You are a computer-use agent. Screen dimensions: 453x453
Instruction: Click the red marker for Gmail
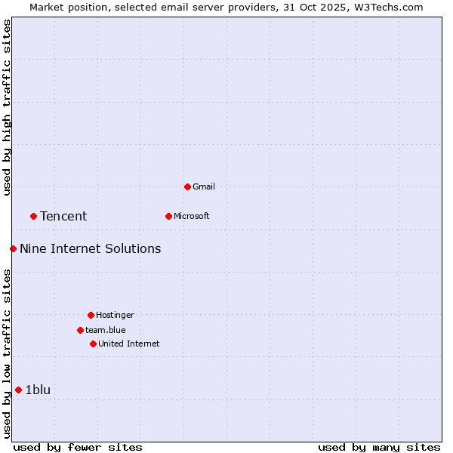(187, 186)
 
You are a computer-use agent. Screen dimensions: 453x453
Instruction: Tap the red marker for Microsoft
(168, 216)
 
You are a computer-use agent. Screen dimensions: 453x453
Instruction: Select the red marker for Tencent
(33, 216)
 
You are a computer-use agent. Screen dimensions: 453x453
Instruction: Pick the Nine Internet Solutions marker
(13, 248)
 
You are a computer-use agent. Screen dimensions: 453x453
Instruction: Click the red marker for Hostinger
(91, 315)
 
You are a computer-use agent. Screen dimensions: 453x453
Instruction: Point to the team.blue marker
(80, 330)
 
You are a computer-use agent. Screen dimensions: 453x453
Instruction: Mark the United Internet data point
(93, 344)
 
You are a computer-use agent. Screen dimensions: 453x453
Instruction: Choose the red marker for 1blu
(18, 390)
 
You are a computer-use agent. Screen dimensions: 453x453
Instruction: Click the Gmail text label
(204, 186)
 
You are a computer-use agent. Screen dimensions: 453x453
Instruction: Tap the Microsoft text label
(192, 216)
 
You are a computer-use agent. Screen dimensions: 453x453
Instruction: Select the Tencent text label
(63, 217)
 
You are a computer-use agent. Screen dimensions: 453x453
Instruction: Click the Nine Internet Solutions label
(90, 248)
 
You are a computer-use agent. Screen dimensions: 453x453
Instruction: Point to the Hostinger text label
(115, 315)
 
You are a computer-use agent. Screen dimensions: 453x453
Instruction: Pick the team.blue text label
(106, 330)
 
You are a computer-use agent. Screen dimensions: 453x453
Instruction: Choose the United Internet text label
(129, 344)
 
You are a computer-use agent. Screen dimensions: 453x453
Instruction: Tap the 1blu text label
(38, 390)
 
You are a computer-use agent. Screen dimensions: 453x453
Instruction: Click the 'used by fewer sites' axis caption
(78, 448)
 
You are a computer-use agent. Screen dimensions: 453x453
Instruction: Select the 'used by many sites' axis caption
(379, 448)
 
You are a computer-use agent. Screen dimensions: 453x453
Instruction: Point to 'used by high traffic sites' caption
(8, 107)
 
